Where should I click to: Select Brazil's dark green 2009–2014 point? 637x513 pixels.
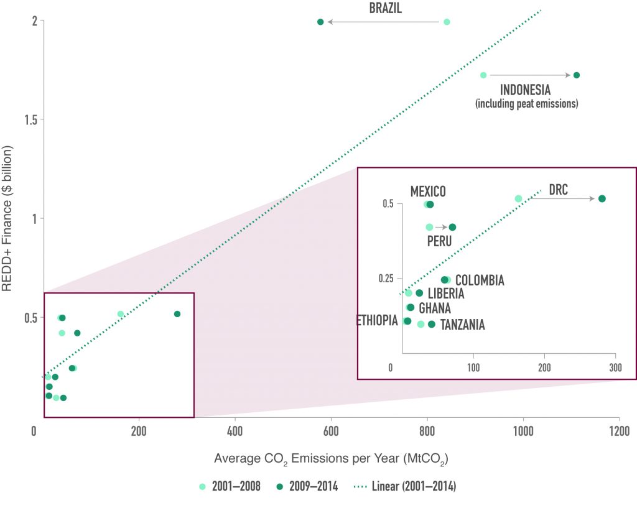pos(320,22)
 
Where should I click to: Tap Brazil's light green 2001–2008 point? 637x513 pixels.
pos(447,22)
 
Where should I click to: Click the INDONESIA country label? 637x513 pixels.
pos(526,90)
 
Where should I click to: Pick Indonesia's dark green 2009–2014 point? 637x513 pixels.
pos(577,75)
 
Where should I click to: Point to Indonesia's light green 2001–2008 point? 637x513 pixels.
pos(483,75)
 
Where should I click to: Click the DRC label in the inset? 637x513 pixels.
pos(558,190)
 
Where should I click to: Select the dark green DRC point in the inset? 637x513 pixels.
pos(602,198)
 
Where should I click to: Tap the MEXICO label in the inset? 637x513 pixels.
pos(427,192)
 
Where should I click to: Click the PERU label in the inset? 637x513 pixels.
pos(439,241)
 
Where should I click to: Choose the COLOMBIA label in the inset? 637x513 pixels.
pos(480,280)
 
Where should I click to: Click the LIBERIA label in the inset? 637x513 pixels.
pos(446,293)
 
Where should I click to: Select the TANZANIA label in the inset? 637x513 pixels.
pos(462,325)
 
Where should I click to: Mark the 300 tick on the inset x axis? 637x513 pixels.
pos(615,367)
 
